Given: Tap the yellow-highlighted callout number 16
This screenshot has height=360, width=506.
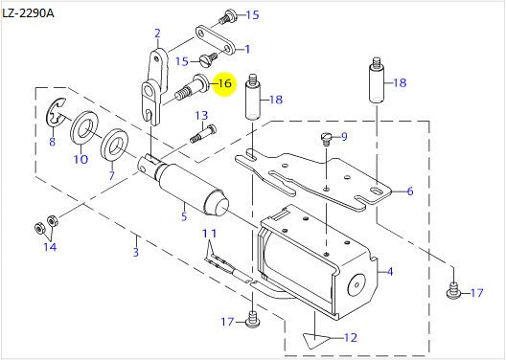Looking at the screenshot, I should (x=224, y=84).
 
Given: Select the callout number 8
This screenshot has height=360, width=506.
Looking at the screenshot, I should (x=52, y=143).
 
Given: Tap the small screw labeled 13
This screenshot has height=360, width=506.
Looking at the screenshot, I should (x=201, y=133).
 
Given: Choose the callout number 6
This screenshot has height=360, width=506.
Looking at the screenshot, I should (x=410, y=191).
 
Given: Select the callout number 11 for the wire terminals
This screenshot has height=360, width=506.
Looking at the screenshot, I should (x=209, y=235).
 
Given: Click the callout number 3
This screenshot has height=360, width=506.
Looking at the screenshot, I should (x=136, y=252).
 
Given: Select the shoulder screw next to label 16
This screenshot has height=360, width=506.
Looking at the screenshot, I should (x=195, y=88).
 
